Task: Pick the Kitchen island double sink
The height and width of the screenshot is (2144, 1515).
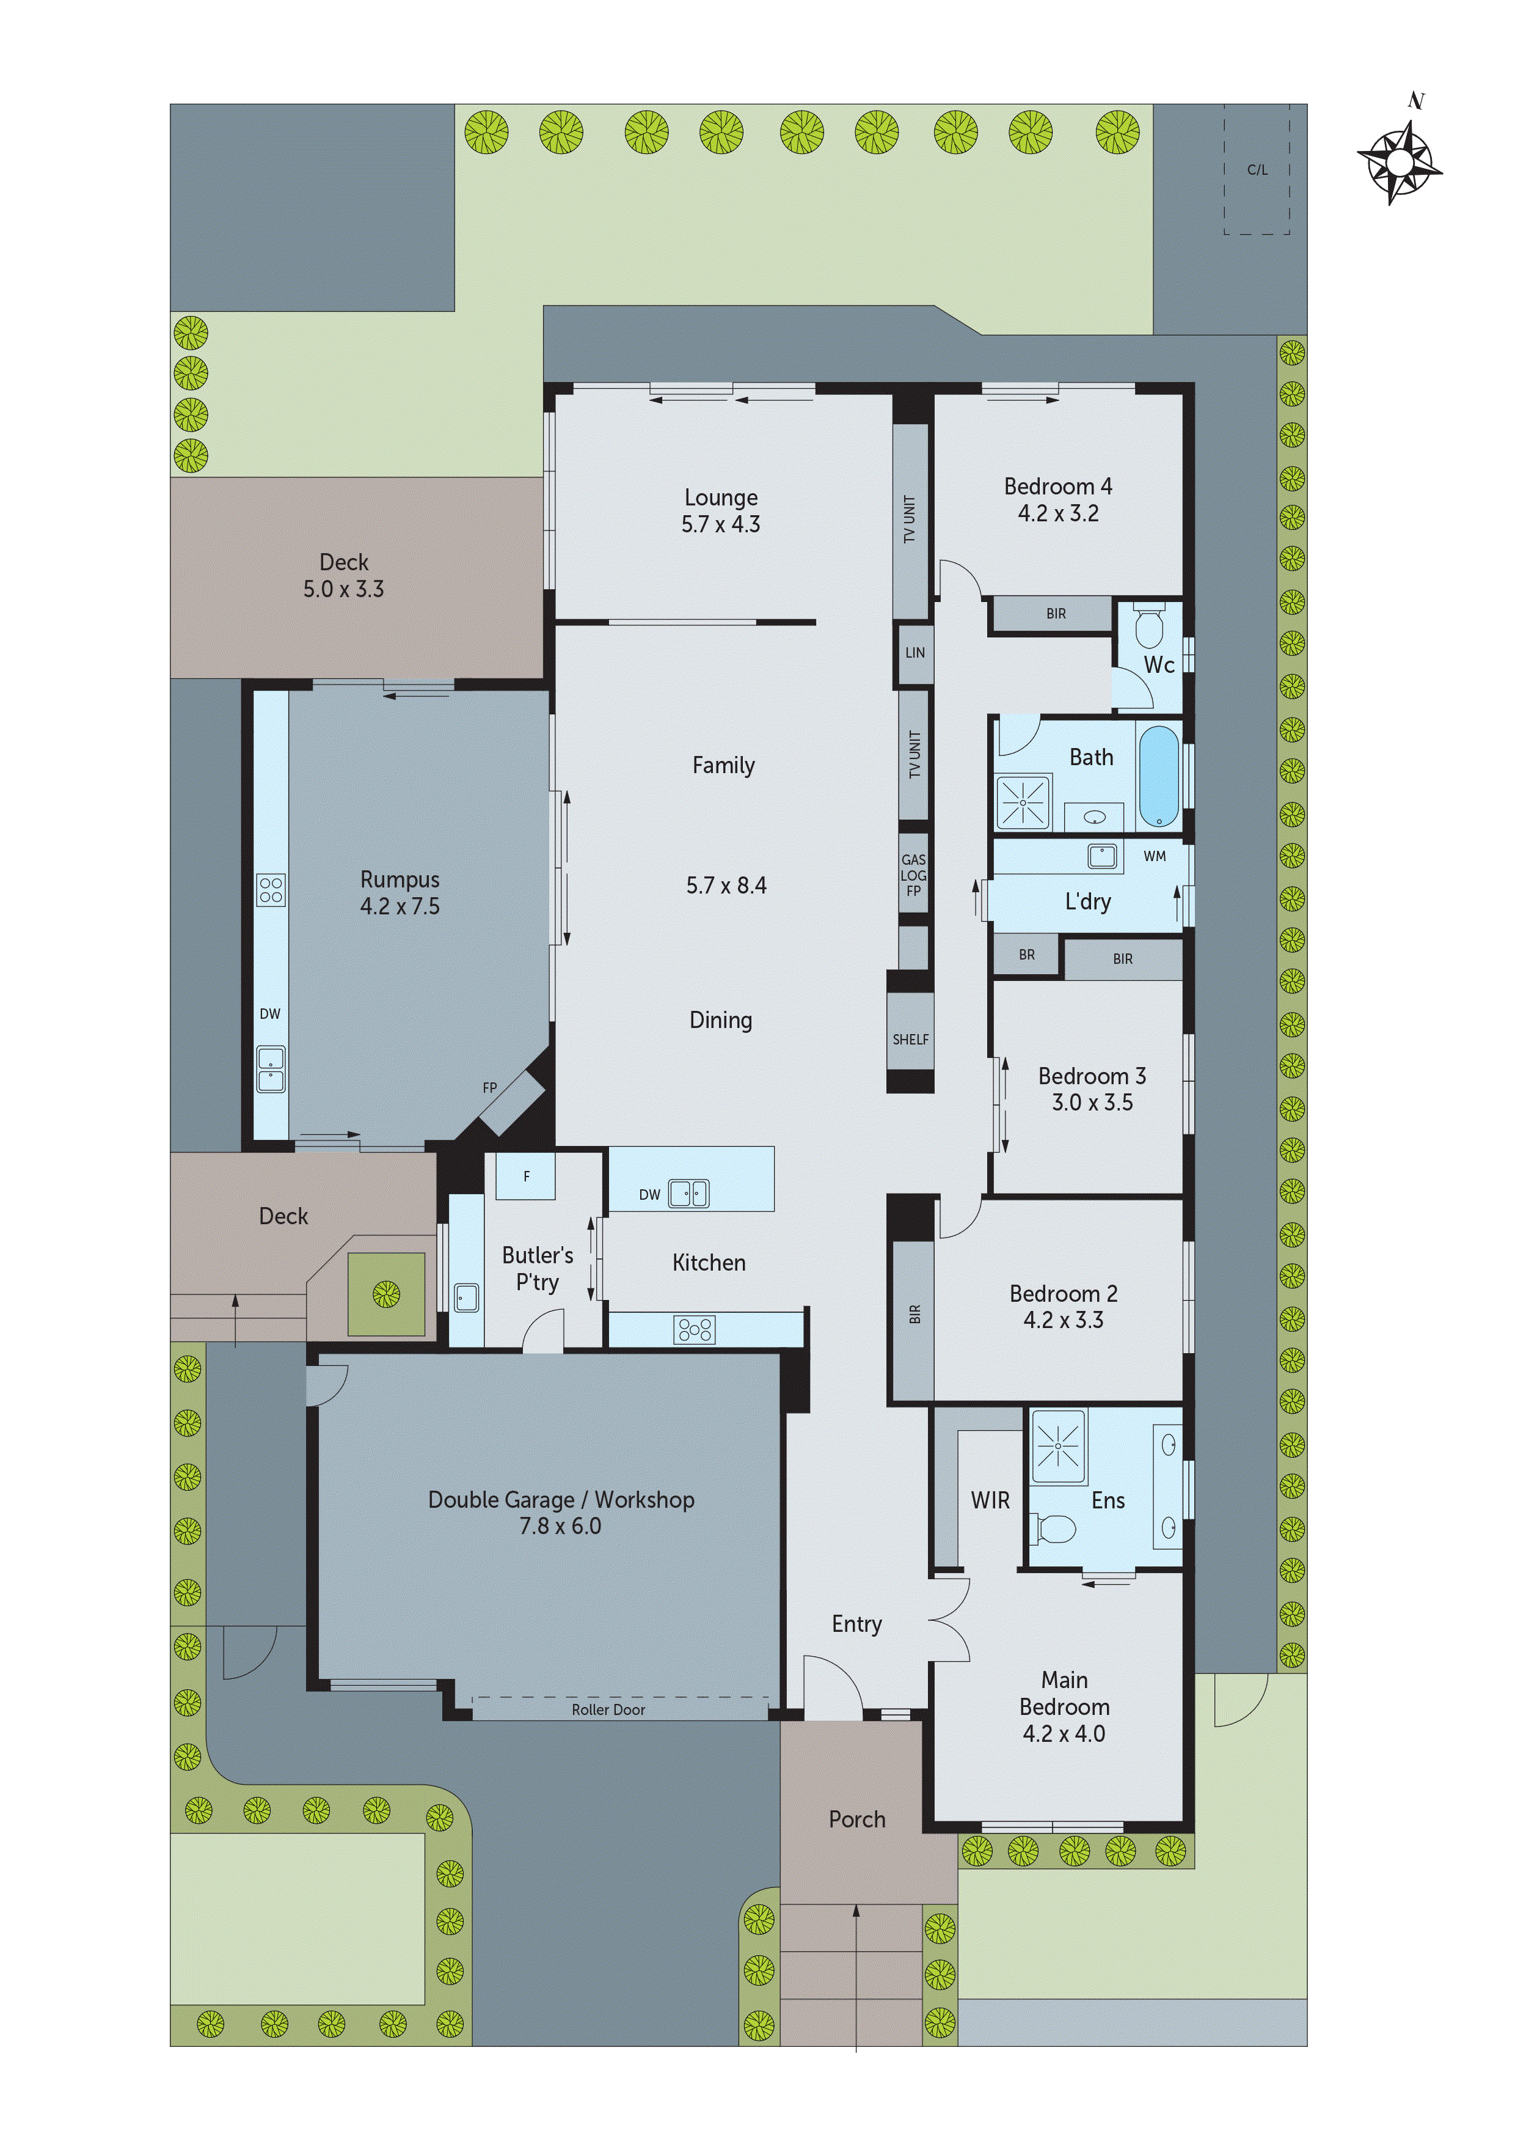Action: [689, 1194]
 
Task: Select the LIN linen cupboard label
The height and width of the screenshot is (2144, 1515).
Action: [914, 653]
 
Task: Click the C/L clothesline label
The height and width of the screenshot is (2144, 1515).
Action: [1257, 170]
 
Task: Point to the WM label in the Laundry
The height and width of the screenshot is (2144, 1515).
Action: [1154, 856]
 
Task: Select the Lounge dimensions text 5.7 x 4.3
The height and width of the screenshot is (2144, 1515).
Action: [721, 525]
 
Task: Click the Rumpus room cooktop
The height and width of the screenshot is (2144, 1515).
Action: [271, 890]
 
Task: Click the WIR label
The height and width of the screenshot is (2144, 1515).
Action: [990, 1500]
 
